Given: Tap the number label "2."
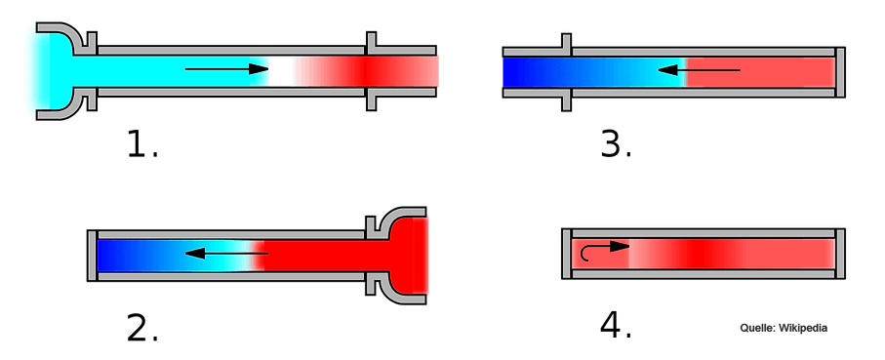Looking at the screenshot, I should [x=141, y=329].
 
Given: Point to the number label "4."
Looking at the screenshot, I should [x=616, y=326].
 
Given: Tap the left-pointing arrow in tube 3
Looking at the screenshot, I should [x=699, y=70].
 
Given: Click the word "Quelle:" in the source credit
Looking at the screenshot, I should [x=757, y=329].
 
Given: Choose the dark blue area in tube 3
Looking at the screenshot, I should [x=532, y=71].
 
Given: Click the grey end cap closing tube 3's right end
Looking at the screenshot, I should [x=840, y=71].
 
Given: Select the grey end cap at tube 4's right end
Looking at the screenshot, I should [x=840, y=254].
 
